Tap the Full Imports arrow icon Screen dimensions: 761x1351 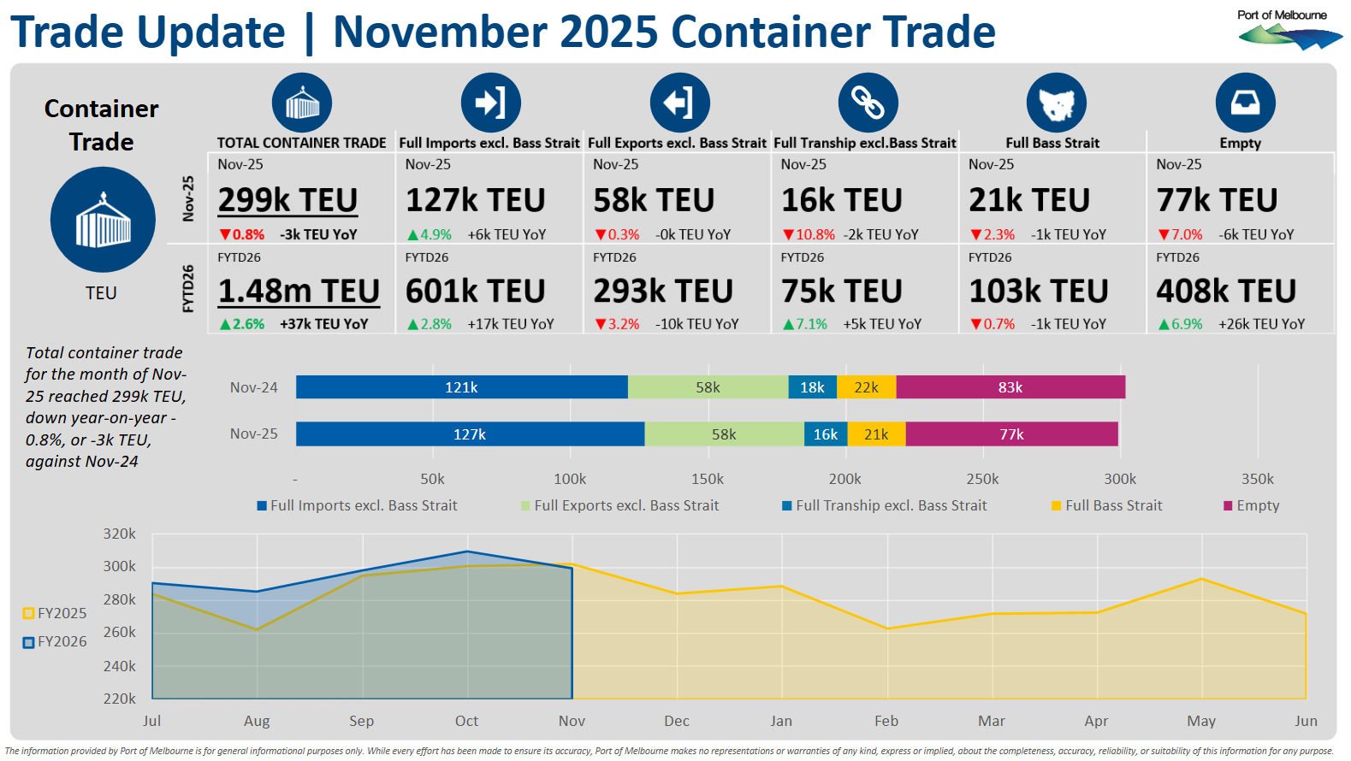pos(490,103)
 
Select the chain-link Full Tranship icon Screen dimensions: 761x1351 pos(868,103)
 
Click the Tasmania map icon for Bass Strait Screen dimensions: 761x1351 pos(1056,103)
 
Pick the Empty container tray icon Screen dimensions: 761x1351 pos(1245,103)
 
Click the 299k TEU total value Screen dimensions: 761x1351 pos(287,200)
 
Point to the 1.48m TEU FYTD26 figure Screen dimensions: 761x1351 pos(299,292)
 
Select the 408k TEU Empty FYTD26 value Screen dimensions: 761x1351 pos(1225,292)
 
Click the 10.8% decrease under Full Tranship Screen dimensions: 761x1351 pos(809,234)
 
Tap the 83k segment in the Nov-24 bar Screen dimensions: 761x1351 pos(1010,387)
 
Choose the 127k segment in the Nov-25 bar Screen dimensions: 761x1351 pos(470,434)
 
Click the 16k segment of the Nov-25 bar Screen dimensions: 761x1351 pos(826,434)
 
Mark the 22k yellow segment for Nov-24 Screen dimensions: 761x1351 pos(866,387)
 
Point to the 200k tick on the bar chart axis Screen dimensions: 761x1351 pos(844,479)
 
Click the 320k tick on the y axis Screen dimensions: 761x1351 pos(120,534)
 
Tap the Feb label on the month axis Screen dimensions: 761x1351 pos(886,721)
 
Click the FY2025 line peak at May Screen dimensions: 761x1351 pos(1201,579)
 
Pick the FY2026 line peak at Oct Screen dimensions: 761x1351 pos(467,552)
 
